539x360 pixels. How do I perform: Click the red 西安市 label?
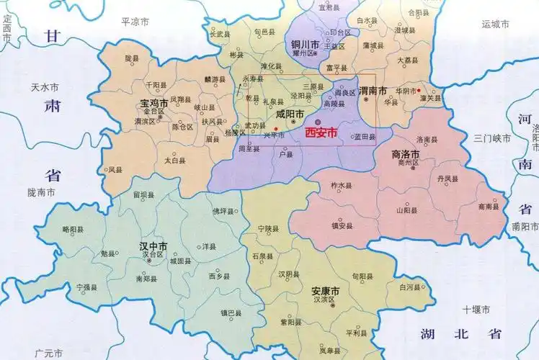(x=321, y=133)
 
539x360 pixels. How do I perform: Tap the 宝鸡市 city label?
(x=154, y=104)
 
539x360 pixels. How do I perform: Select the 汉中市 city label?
(x=153, y=246)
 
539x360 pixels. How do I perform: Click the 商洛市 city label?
(x=406, y=154)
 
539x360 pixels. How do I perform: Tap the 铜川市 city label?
(x=303, y=45)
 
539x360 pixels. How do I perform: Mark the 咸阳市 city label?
(x=290, y=114)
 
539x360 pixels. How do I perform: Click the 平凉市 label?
(x=135, y=22)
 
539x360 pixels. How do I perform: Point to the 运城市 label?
(x=496, y=24)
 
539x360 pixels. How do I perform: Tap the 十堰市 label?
(x=476, y=310)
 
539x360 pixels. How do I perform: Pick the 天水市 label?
(x=44, y=88)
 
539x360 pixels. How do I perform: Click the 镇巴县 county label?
(x=231, y=313)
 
